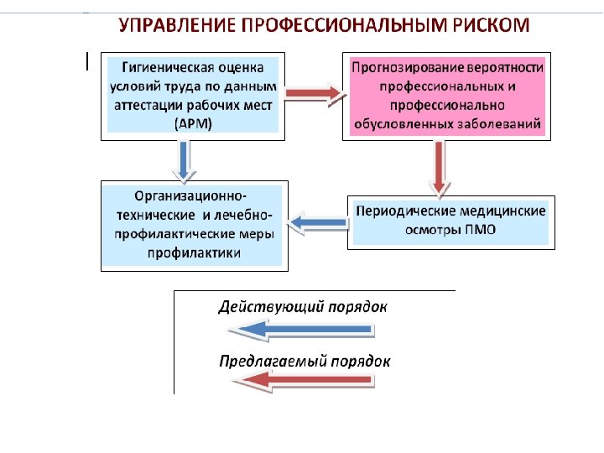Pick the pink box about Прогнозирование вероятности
tap(448, 96)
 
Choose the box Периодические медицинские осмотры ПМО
tap(450, 221)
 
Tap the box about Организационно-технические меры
tap(194, 225)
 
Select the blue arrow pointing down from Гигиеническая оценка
tap(186, 160)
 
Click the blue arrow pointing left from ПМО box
tap(318, 222)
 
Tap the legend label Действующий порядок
tap(303, 306)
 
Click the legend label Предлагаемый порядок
tap(305, 362)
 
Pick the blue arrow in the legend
tap(299, 331)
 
